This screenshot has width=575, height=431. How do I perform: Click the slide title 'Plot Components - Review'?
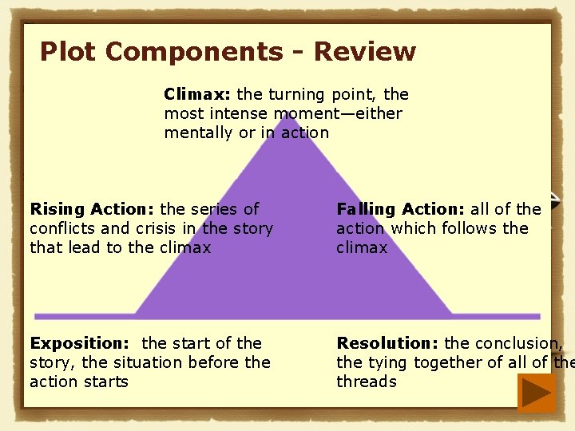(228, 52)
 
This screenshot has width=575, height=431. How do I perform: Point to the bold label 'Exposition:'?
(79, 343)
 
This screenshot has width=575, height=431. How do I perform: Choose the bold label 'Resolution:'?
(387, 343)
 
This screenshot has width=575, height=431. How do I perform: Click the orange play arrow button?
(536, 393)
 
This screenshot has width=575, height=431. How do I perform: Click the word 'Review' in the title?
(365, 52)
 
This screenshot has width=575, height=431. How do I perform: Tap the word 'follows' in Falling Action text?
(468, 228)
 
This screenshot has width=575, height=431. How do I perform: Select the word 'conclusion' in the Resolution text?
(517, 343)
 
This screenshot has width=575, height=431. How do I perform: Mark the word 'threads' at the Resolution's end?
(367, 382)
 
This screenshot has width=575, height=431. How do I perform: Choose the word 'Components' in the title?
(194, 52)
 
